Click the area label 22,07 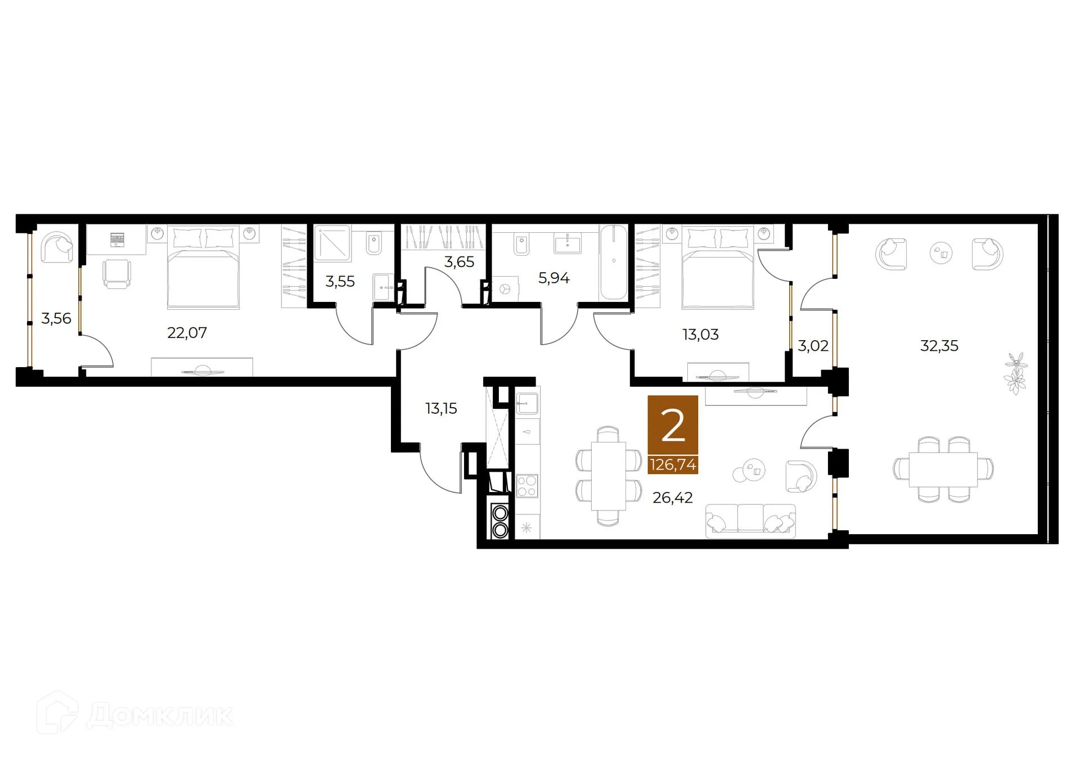point(187,333)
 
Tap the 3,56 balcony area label point(56,319)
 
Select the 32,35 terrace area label point(939,346)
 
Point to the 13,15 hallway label point(441,409)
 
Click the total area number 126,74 point(673,465)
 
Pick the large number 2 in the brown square point(673,426)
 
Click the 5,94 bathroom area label point(553,278)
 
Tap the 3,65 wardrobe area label point(459,262)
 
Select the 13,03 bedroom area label point(700,335)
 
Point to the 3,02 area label point(813,346)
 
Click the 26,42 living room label point(672,498)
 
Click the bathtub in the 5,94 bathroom point(613,262)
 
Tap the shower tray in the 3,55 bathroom point(332,243)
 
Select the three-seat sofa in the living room point(750,521)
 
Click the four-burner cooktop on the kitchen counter point(527,486)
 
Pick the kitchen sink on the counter point(527,403)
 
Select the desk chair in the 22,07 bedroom point(116,274)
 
